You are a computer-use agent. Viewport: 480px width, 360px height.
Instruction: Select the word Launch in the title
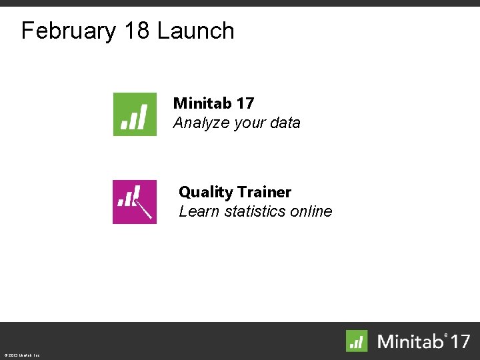pyautogui.click(x=197, y=31)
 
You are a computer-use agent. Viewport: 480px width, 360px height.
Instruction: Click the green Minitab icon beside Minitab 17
pyautogui.click(x=135, y=114)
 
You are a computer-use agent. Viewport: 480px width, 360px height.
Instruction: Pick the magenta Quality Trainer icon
pyautogui.click(x=135, y=201)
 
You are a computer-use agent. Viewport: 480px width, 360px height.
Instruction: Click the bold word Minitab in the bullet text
pyautogui.click(x=203, y=103)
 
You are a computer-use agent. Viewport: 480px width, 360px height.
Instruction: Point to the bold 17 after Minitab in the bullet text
pyautogui.click(x=245, y=103)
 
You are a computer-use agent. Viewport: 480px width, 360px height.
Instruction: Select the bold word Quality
pyautogui.click(x=205, y=193)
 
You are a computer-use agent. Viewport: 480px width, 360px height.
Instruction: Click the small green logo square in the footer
pyautogui.click(x=357, y=341)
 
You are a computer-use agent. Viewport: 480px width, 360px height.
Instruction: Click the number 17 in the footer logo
pyautogui.click(x=459, y=341)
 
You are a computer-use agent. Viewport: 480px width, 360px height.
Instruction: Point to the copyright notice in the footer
pyautogui.click(x=21, y=355)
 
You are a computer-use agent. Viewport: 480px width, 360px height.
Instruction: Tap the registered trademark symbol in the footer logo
pyautogui.click(x=447, y=335)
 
